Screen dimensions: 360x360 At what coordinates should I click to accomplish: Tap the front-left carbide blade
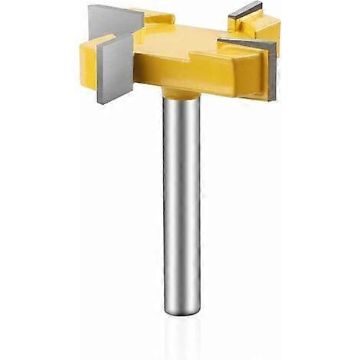coord(115,67)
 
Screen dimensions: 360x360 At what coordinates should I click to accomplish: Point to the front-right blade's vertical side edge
coord(272,73)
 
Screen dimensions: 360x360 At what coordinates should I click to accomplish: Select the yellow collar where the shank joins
coord(181,93)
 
